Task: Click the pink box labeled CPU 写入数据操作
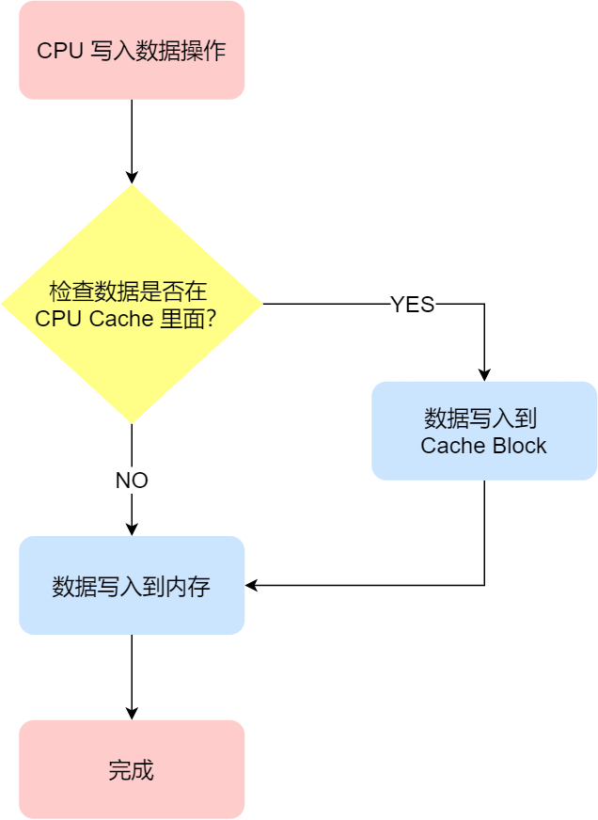pyautogui.click(x=132, y=50)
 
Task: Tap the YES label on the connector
pyautogui.click(x=412, y=305)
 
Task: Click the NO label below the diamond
pyautogui.click(x=132, y=481)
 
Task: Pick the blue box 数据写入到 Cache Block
pyautogui.click(x=484, y=431)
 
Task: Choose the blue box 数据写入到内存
pyautogui.click(x=132, y=586)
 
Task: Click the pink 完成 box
pyautogui.click(x=132, y=770)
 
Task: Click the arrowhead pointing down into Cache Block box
pyautogui.click(x=484, y=373)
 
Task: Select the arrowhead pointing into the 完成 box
pyautogui.click(x=132, y=713)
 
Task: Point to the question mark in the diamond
pyautogui.click(x=212, y=319)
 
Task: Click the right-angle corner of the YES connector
pyautogui.click(x=484, y=305)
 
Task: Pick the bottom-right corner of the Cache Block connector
pyautogui.click(x=484, y=586)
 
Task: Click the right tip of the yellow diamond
pyautogui.click(x=260, y=305)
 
